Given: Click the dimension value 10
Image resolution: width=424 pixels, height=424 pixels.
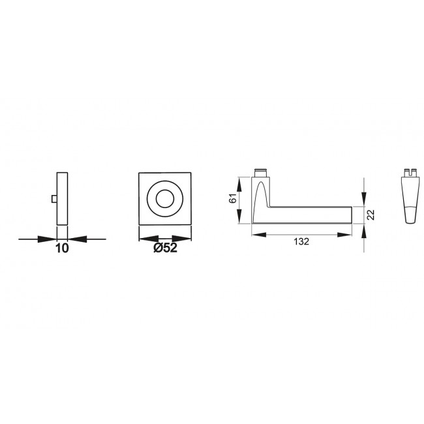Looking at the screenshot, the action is [x=62, y=249].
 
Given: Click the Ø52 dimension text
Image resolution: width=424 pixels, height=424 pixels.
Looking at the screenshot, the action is [x=165, y=248].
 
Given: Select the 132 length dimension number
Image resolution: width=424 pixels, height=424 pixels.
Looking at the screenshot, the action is [x=301, y=241].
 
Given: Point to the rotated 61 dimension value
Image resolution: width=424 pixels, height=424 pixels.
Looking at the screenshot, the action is [x=233, y=198].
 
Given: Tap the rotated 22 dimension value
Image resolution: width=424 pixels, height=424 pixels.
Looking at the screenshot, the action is [x=371, y=215].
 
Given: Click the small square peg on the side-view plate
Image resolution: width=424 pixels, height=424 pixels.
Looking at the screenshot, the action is [x=54, y=199].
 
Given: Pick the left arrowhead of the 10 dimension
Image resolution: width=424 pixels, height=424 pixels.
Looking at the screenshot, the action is [x=47, y=239].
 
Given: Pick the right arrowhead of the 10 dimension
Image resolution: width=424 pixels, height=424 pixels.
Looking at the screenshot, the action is [x=77, y=239].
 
